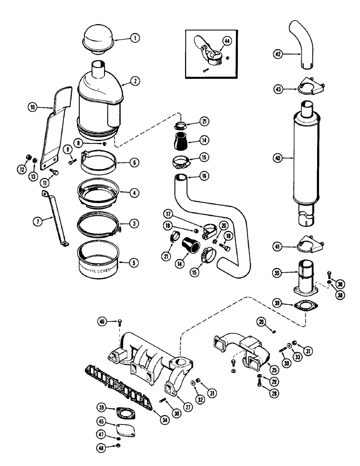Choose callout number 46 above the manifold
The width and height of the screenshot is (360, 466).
pos(102,321)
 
